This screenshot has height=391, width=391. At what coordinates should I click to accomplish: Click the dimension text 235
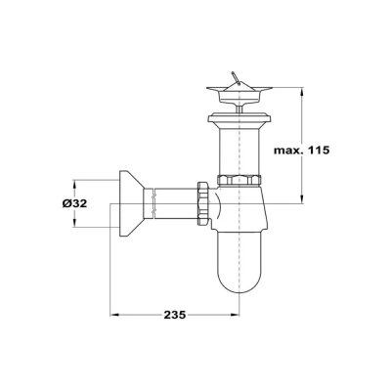coord(175,315)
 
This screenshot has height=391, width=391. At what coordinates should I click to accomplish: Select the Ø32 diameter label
coord(74,203)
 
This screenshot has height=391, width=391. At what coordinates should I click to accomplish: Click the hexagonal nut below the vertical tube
coord(239,180)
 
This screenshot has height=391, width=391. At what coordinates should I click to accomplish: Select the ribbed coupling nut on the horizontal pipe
coord(202,204)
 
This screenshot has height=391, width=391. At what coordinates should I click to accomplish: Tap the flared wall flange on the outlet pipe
coord(131,203)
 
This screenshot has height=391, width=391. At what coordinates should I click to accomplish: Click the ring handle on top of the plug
coord(236,78)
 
